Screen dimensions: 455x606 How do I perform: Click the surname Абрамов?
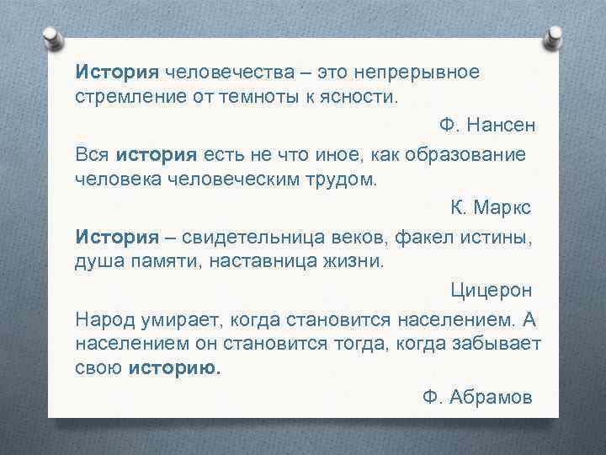point(492,397)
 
